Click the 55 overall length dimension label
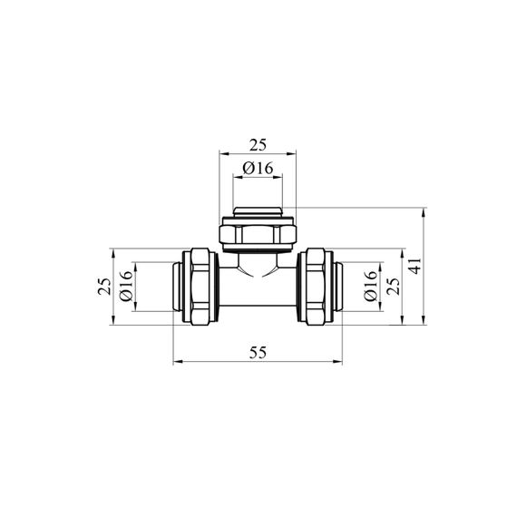tap(258, 353)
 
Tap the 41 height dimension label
tap(416, 266)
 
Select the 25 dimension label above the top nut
tap(258, 145)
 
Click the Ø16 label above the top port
tap(258, 169)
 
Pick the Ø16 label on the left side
tap(126, 286)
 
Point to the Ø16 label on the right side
tap(370, 286)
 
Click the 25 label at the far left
tap(104, 287)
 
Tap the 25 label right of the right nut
tap(394, 287)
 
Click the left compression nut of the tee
tap(200, 287)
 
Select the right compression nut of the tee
tap(316, 287)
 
